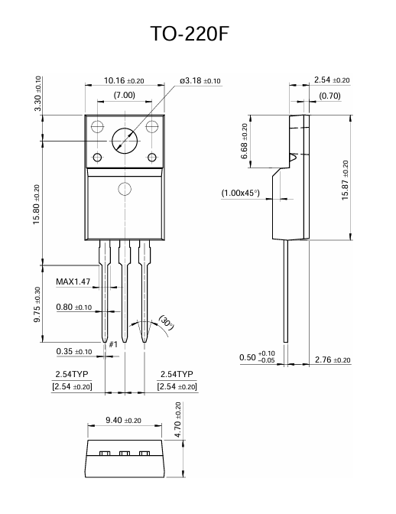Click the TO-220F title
(x=198, y=35)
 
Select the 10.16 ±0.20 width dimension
(x=124, y=80)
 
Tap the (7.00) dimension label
(x=124, y=95)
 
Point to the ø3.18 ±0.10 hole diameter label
(x=200, y=80)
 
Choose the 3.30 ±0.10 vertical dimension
(x=38, y=94)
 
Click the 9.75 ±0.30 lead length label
(x=38, y=304)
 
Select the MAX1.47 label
(x=73, y=281)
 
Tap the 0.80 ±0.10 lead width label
(x=74, y=307)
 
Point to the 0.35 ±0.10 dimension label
(x=74, y=352)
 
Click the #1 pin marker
(x=112, y=345)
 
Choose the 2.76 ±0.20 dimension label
(x=332, y=359)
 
